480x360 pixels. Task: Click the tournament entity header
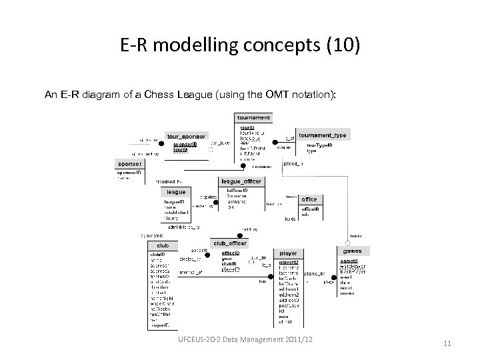(253, 117)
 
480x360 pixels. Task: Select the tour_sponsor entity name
(187, 135)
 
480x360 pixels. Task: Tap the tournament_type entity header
(323, 135)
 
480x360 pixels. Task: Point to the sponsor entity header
(129, 163)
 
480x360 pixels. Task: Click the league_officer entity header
(241, 181)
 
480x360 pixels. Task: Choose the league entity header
(176, 191)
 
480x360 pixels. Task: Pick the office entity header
(310, 199)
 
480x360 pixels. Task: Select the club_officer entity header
(229, 243)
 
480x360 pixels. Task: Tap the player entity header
(288, 253)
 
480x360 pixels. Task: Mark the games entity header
(352, 251)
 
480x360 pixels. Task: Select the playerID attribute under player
(289, 261)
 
